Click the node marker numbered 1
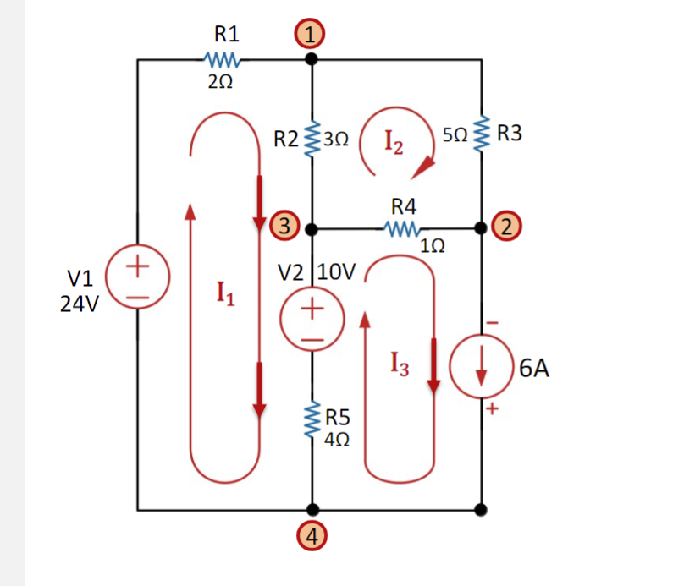point(312,35)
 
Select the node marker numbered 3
point(286,227)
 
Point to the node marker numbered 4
point(312,536)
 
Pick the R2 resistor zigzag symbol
point(312,135)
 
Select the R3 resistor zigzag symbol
point(481,134)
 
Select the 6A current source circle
point(481,367)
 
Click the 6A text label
point(535,368)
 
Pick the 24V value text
point(80,304)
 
